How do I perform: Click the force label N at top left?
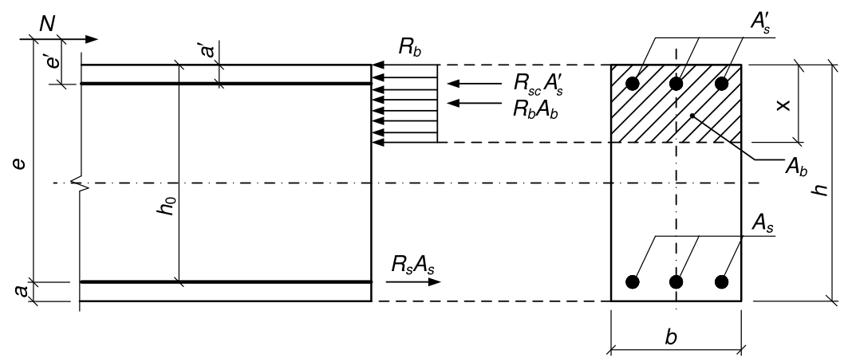(x=47, y=24)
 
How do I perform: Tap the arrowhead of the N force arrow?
(x=92, y=39)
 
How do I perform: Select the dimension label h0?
(x=168, y=205)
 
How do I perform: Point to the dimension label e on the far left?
(x=19, y=163)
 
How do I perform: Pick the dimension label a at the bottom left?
(x=21, y=291)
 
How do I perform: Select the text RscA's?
(x=538, y=84)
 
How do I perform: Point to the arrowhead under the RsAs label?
(x=435, y=281)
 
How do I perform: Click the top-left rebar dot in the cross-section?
(x=633, y=84)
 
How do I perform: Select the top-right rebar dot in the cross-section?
(x=722, y=84)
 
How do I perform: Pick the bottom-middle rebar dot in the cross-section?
(x=676, y=281)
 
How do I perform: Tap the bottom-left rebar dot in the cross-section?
(x=633, y=281)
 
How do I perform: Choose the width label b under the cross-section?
(x=671, y=337)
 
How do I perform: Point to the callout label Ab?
(x=796, y=166)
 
